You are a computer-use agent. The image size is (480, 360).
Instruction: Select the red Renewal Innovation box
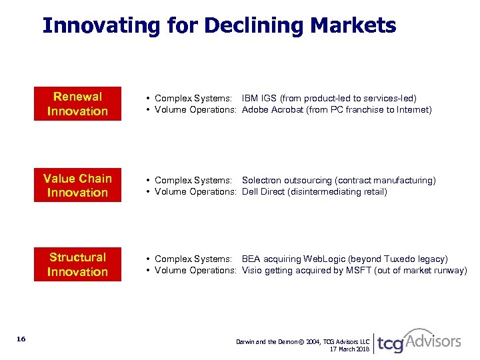point(77,104)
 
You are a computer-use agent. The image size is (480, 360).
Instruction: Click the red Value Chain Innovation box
point(77,185)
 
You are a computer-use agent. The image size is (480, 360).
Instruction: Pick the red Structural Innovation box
point(77,265)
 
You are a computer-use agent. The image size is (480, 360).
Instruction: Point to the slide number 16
point(21,339)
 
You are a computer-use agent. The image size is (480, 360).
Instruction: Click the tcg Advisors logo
point(419,342)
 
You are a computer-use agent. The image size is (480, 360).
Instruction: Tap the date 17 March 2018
point(349,349)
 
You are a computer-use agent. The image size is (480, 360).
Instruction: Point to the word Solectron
point(263,181)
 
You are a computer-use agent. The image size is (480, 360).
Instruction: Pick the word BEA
point(251,259)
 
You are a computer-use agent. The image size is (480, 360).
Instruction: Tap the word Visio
point(252,271)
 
